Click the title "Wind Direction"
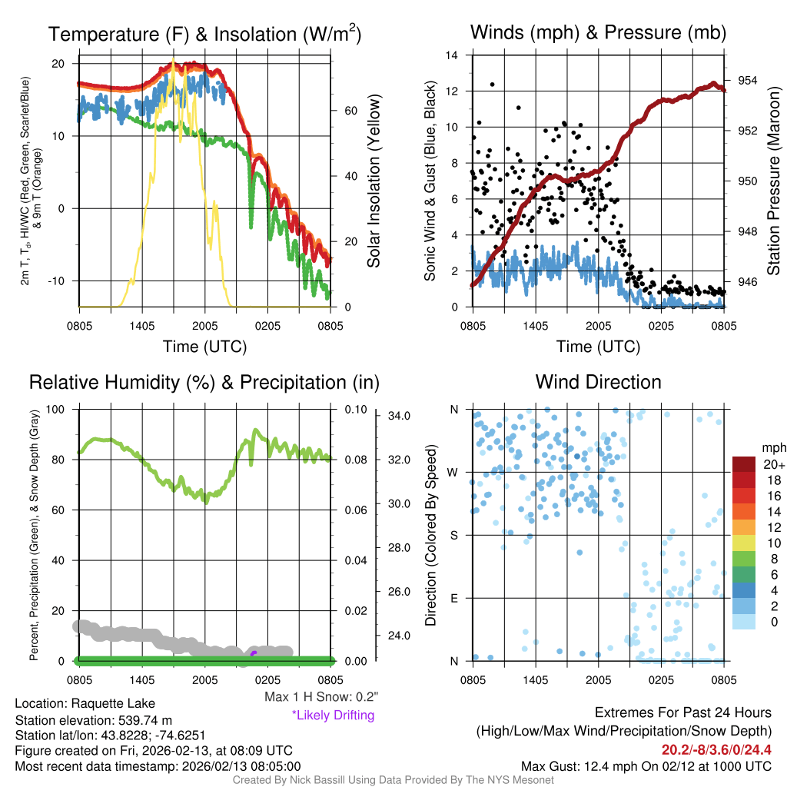point(598,382)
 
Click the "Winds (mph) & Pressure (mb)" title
point(598,32)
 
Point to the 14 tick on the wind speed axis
point(452,55)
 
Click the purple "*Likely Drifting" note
point(333,715)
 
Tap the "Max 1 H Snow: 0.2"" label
point(321,697)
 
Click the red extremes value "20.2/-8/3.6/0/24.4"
point(716,749)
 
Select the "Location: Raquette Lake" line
point(85,703)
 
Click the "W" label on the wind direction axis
point(453,472)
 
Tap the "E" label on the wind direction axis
point(454,598)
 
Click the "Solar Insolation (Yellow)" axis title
point(374,181)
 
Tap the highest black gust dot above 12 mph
point(492,85)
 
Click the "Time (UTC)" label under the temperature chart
point(204,347)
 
